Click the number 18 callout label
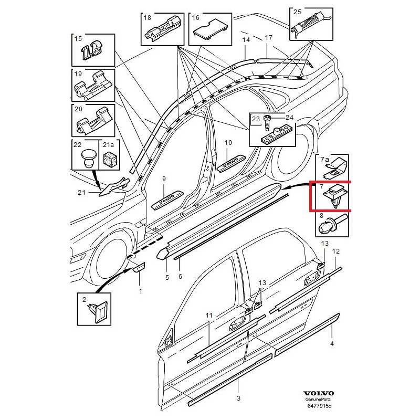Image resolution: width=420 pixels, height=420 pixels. point(146,17)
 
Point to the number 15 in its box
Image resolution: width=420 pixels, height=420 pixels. point(78,39)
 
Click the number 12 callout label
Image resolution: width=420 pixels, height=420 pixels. point(336,252)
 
